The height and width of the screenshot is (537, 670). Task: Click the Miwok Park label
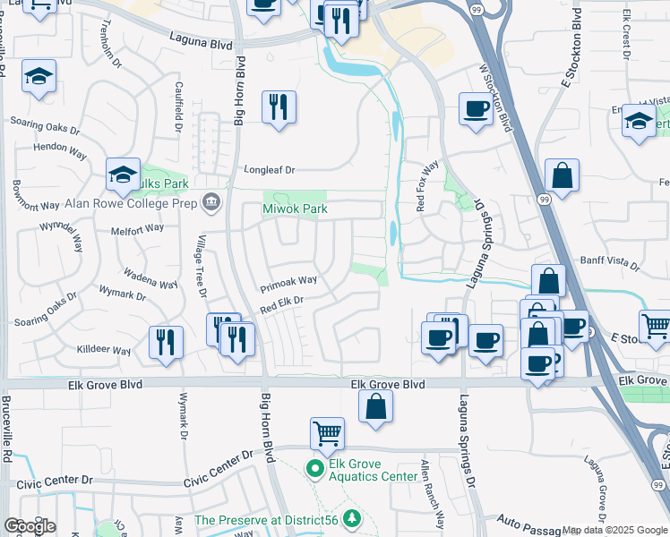click(295, 209)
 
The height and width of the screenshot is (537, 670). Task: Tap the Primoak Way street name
click(288, 284)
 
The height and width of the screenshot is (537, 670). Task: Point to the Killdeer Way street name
click(104, 349)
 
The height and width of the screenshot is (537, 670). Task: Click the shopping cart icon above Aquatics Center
click(327, 434)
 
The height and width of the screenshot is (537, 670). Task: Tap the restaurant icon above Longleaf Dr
click(279, 107)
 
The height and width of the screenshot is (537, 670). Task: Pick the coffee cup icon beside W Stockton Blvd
click(476, 109)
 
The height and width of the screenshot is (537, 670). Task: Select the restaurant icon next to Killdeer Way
click(166, 342)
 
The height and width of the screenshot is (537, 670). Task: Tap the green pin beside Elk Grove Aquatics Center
click(314, 468)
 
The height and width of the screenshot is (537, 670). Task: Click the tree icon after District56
click(354, 519)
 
